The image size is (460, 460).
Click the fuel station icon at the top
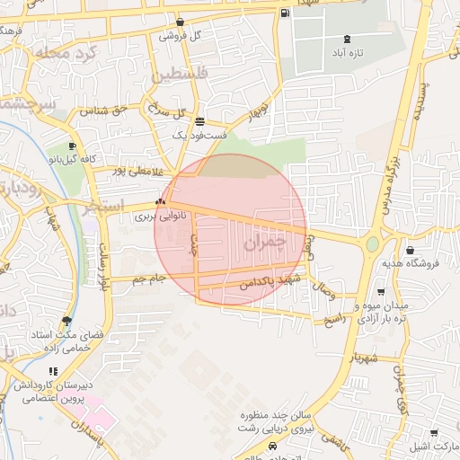(285, 13)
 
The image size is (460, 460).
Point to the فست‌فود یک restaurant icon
(199, 121)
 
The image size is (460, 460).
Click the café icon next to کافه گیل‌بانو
(72, 146)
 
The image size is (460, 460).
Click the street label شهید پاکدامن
(268, 282)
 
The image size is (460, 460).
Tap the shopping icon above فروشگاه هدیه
(411, 250)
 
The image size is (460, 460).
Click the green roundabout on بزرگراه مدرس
(372, 243)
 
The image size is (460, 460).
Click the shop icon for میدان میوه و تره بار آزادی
(381, 291)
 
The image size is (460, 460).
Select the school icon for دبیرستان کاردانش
(54, 371)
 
